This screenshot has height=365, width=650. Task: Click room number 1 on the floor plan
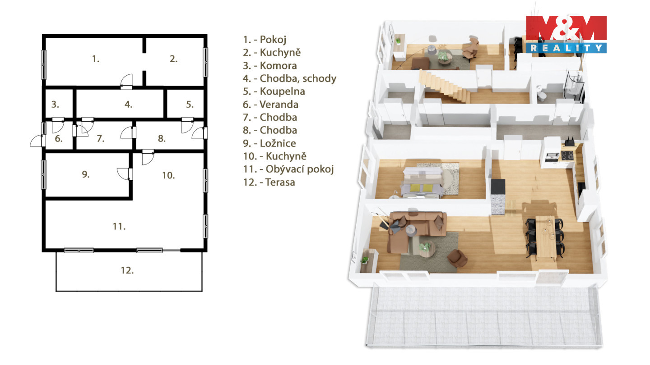96,59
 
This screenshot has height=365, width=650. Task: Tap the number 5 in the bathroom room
190,105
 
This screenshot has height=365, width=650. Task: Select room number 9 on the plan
86,174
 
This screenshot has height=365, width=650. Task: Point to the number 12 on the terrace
127,270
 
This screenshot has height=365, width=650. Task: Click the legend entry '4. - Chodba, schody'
290,78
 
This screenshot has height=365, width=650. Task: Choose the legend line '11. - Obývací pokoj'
288,169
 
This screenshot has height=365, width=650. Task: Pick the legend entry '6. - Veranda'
270,104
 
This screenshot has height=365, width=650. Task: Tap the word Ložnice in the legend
278,143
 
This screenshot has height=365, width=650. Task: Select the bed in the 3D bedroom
423,182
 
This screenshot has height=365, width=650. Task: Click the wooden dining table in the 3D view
546,238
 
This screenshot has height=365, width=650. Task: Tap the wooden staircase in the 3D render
444,87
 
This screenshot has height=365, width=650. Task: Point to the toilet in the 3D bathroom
541,93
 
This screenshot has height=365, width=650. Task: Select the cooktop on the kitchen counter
567,155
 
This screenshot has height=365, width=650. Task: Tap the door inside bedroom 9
124,174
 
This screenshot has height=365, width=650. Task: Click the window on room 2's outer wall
205,62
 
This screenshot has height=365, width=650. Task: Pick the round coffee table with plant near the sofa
427,249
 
